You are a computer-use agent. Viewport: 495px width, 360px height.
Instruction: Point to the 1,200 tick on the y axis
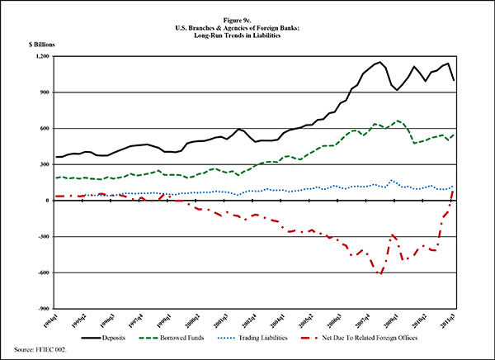pos(45,56)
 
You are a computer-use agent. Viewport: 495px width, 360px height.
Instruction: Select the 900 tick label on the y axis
pos(47,92)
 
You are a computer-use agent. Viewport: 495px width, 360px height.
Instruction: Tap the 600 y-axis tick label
pos(47,128)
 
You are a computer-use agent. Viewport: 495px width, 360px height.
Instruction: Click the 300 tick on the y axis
pos(47,164)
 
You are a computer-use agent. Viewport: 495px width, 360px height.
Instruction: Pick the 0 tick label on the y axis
pos(50,201)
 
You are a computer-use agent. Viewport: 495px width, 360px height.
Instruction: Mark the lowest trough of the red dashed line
pos(380,272)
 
